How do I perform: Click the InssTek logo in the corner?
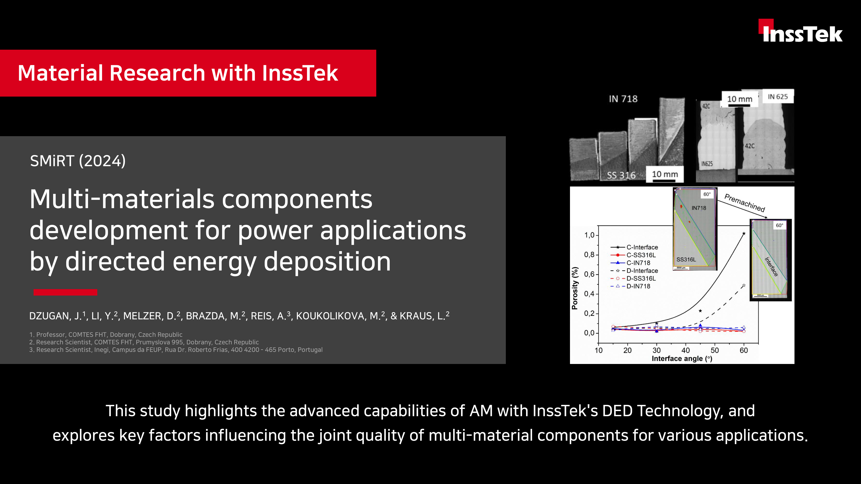click(801, 31)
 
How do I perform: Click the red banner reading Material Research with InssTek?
click(188, 73)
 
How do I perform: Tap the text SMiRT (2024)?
click(78, 161)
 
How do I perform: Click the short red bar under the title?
click(65, 292)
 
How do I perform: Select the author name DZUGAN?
click(49, 316)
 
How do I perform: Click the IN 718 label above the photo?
click(623, 99)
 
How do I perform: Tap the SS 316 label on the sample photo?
click(621, 175)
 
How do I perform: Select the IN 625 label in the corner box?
click(778, 97)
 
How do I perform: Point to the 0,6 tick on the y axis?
click(589, 274)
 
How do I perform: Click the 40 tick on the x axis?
click(686, 350)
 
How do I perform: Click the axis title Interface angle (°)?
click(682, 359)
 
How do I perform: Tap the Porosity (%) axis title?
click(575, 288)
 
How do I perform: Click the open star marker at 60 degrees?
click(744, 286)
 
